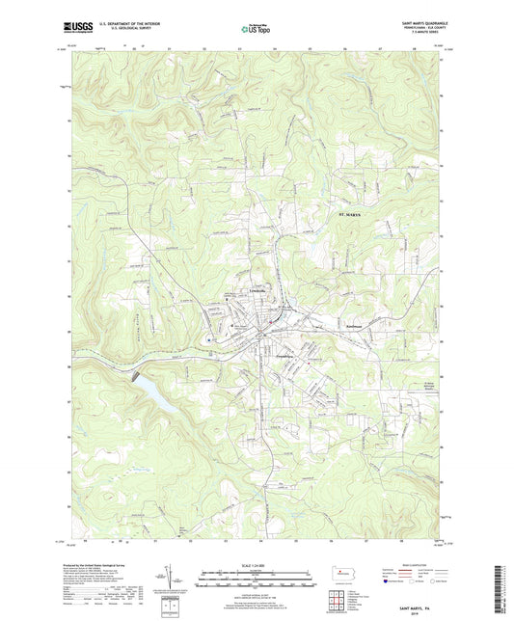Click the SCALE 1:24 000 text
pos(256,564)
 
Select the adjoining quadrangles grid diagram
pos(338,605)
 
